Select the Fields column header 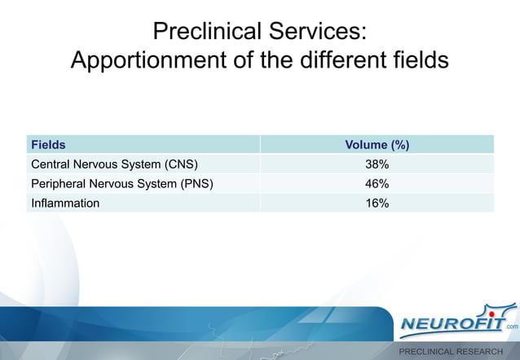48,145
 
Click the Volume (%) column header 377,145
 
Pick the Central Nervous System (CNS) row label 114,164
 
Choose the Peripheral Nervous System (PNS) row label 121,183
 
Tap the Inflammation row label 65,203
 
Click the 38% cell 377,164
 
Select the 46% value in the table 377,183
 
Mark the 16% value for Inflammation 377,203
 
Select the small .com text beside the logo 511,327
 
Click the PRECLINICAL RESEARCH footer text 450,352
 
